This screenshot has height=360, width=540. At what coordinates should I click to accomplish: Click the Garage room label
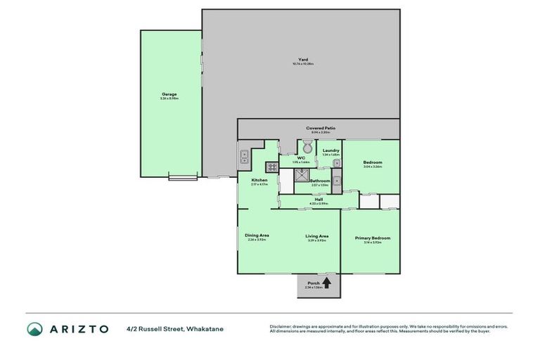pyautogui.click(x=169, y=94)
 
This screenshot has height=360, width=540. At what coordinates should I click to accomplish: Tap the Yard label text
pyautogui.click(x=302, y=60)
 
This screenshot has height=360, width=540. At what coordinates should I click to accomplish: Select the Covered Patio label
pyautogui.click(x=320, y=128)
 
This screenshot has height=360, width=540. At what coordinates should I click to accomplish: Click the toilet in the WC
pyautogui.click(x=307, y=148)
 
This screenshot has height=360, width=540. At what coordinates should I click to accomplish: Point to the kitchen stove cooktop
pyautogui.click(x=271, y=167)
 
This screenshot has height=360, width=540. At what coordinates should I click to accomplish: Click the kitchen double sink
pyautogui.click(x=244, y=157)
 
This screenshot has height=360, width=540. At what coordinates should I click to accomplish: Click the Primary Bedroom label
pyautogui.click(x=372, y=238)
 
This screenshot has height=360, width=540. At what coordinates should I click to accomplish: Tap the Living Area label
pyautogui.click(x=317, y=236)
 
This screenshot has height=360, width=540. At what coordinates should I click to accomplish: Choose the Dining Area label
pyautogui.click(x=257, y=235)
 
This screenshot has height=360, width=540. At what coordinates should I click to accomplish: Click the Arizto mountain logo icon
pyautogui.click(x=36, y=328)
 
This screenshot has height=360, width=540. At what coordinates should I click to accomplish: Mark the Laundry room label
pyautogui.click(x=330, y=150)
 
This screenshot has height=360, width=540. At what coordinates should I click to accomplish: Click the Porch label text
pyautogui.click(x=313, y=283)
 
